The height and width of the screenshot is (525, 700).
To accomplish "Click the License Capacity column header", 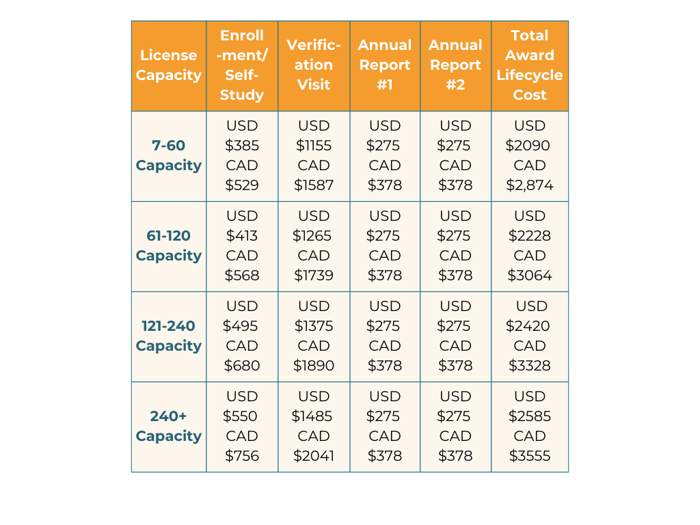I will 169,66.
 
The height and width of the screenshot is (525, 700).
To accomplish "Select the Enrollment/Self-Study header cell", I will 242,66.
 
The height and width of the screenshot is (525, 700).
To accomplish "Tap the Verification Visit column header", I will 314,66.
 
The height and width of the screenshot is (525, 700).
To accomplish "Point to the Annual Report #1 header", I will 385,66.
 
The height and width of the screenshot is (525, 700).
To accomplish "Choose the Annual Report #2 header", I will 455,66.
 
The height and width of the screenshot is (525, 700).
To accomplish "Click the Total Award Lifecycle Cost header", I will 530,66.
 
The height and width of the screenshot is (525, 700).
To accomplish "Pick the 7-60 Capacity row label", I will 169,156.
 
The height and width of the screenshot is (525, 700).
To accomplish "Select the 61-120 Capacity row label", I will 169,246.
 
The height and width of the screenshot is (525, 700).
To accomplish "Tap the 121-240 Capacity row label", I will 169,336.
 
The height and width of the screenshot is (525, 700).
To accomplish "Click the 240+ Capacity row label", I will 169,427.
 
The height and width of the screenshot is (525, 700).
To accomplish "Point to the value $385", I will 242,146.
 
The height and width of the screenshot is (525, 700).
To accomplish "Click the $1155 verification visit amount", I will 314,146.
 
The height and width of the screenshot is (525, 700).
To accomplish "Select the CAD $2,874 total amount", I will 530,185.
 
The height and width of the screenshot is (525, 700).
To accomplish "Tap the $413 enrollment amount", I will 242,236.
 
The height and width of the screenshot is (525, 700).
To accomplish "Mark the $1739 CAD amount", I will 314,275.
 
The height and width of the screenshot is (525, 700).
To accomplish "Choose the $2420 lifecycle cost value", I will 528,326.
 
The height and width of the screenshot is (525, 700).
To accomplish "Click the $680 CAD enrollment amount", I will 242,366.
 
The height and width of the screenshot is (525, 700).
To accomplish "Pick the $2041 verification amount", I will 314,456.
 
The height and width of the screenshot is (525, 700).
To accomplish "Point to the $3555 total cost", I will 530,456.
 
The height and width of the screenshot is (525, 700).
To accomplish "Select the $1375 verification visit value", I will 314,326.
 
